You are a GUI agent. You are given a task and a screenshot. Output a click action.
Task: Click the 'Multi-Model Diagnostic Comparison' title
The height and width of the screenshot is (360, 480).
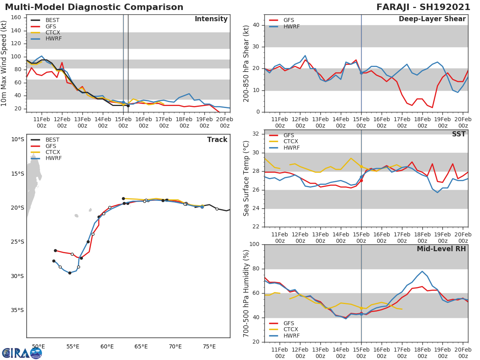tap(94, 7)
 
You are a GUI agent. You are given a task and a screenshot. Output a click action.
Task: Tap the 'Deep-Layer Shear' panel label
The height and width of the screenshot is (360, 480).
tap(432, 19)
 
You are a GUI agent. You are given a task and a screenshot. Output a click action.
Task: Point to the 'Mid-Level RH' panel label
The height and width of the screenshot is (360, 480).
tap(441, 249)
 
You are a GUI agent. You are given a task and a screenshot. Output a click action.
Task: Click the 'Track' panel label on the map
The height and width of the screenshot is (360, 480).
tap(217, 140)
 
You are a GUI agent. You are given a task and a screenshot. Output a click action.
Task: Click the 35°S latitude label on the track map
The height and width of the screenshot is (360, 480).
tap(18, 310)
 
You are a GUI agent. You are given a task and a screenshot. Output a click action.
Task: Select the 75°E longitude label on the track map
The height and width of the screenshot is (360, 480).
tap(209, 346)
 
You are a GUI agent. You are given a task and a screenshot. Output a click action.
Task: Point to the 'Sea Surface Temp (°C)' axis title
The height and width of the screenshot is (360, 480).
tap(247, 178)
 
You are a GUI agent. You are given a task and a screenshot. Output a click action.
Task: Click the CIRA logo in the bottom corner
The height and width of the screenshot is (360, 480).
tap(22, 353)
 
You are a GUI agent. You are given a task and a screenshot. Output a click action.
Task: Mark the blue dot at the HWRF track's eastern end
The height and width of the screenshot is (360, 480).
tap(202, 207)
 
